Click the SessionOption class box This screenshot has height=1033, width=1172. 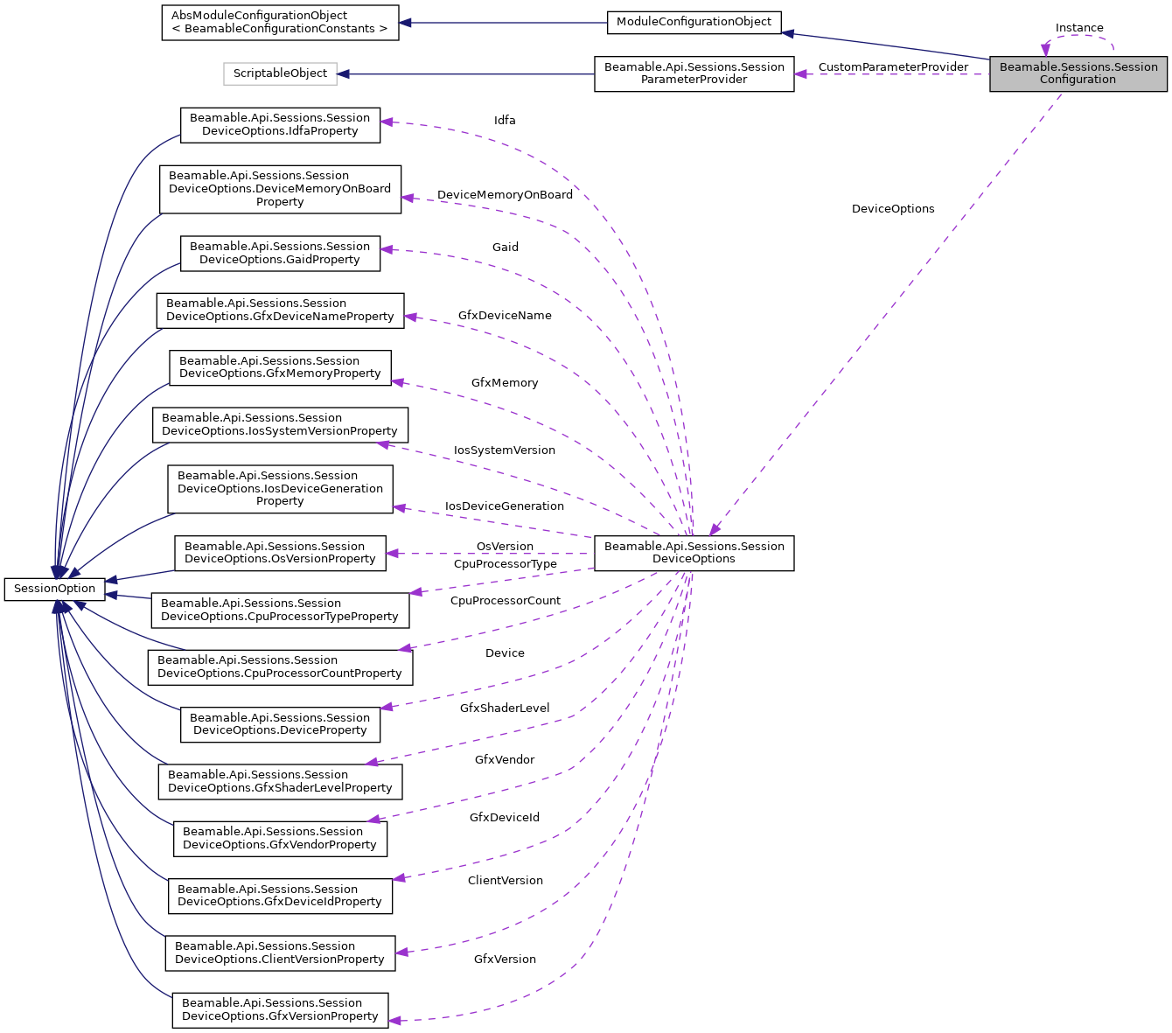54,589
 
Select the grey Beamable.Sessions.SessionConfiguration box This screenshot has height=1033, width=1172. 1078,73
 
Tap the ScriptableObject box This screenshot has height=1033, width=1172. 280,73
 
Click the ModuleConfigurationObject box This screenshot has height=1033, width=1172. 694,22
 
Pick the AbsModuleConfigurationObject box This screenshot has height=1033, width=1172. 280,22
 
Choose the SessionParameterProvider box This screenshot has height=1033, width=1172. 694,73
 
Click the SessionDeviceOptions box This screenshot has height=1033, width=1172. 694,553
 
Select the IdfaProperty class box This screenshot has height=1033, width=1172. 280,125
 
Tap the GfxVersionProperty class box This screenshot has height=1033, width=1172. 280,1009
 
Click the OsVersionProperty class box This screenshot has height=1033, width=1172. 280,553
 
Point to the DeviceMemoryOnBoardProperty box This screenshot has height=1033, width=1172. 280,189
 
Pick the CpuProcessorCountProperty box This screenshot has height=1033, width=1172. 280,667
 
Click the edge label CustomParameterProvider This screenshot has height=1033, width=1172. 893,67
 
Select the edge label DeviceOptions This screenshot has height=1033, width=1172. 893,209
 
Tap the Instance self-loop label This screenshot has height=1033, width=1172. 1079,28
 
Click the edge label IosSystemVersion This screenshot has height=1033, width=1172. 505,450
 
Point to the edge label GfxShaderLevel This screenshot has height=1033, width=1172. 505,708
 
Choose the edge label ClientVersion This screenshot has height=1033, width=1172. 505,881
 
